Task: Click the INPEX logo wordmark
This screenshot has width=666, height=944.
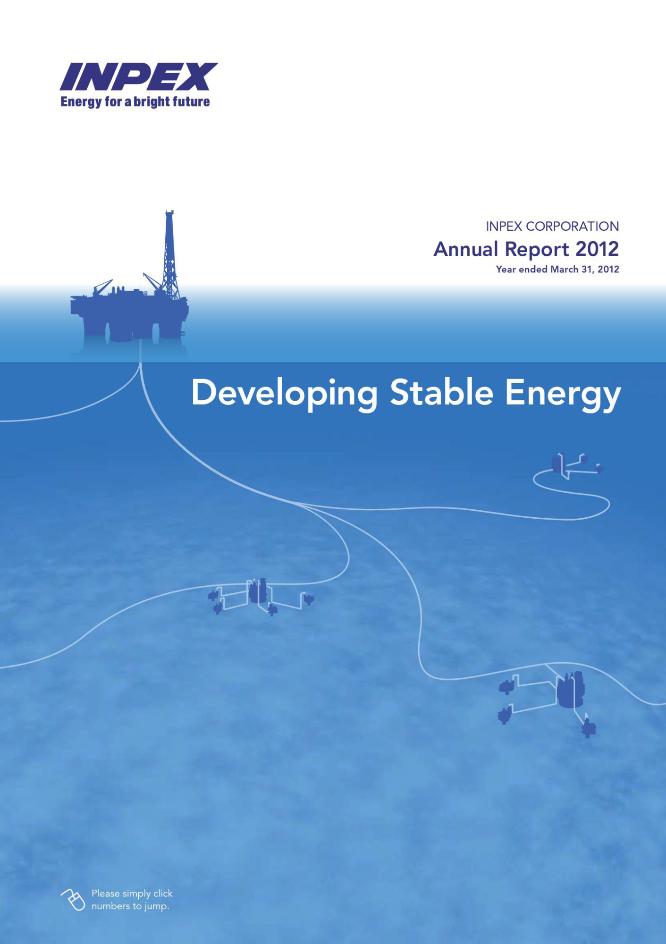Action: pos(139,76)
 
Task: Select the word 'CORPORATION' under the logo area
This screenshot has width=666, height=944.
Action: pos(572,227)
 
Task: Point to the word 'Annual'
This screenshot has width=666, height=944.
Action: pos(466,249)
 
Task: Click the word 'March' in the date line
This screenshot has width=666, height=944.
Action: pos(564,269)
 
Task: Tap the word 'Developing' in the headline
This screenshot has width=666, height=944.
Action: pos(285,394)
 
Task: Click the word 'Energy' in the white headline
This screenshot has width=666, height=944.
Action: pos(563,395)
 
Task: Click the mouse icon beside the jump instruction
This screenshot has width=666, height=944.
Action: pos(73,900)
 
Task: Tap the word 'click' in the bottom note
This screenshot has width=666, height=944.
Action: pos(163,893)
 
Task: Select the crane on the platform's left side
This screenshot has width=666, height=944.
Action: pos(102,287)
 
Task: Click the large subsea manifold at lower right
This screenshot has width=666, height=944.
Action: pos(571,690)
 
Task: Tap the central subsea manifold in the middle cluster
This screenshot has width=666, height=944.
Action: pos(258,591)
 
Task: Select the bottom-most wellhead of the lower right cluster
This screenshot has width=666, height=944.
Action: pos(588,727)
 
